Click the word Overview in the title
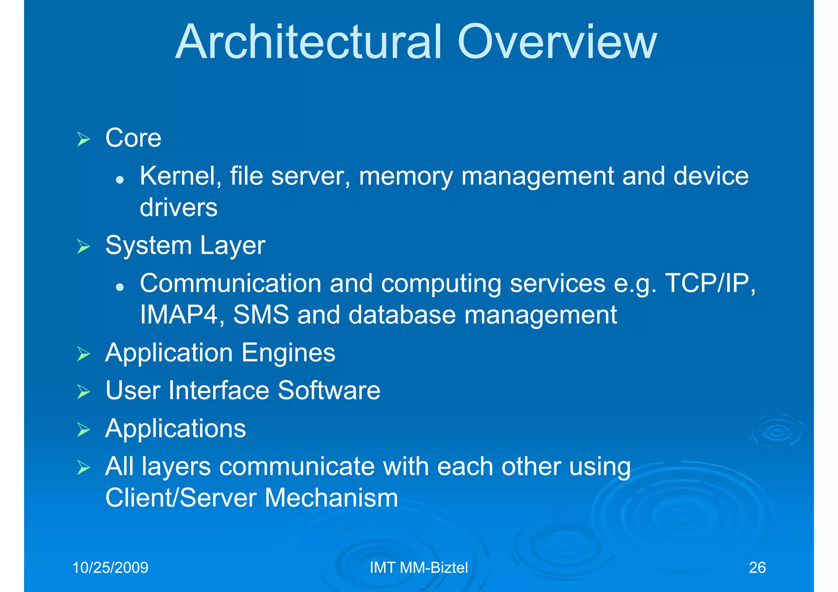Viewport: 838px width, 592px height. coord(557,42)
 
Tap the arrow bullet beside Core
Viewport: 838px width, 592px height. coord(83,140)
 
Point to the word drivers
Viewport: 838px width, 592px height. coord(178,208)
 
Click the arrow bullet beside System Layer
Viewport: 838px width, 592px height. coord(83,247)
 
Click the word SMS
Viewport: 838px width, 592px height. coord(261,315)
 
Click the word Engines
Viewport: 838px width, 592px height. coord(288,353)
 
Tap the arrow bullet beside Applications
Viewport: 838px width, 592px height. coord(83,430)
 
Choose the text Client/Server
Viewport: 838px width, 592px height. coord(180,498)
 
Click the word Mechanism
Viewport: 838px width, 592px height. coord(331,498)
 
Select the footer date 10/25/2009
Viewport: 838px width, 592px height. coord(110,568)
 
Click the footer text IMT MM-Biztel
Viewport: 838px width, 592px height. coord(419,568)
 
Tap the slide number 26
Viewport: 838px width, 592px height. coord(757,568)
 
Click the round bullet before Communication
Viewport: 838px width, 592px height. coord(119,287)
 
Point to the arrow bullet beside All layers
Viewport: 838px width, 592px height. coord(83,468)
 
